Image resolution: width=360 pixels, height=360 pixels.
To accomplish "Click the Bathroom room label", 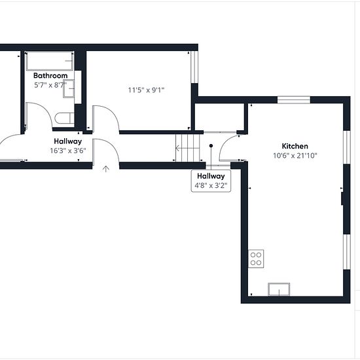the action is pyautogui.click(x=50, y=75).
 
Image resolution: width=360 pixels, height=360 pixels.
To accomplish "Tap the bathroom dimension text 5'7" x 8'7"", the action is pyautogui.click(x=50, y=85).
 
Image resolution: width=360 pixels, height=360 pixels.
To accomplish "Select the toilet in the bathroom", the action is pyautogui.click(x=65, y=118).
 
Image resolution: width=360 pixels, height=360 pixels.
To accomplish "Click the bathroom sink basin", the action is pyautogui.click(x=69, y=88).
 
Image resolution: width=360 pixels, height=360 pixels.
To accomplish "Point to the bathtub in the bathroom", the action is pyautogui.click(x=50, y=61).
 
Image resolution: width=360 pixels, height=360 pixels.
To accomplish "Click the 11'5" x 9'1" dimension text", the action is pyautogui.click(x=146, y=90).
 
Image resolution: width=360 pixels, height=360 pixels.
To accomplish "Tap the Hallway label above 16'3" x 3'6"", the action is pyautogui.click(x=68, y=141).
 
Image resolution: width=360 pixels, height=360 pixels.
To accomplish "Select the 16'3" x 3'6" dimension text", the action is pyautogui.click(x=68, y=151).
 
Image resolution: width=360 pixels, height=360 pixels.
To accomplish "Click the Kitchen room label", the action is pyautogui.click(x=295, y=146).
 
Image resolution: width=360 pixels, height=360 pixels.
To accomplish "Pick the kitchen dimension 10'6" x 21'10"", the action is pyautogui.click(x=295, y=156).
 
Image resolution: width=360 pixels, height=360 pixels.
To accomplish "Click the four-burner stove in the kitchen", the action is pyautogui.click(x=256, y=259).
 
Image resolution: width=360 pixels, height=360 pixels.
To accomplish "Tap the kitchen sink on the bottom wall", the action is pyautogui.click(x=279, y=289).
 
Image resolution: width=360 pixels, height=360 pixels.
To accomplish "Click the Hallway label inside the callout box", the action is pyautogui.click(x=211, y=176).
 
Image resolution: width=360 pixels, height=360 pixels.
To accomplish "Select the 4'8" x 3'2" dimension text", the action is pyautogui.click(x=211, y=185).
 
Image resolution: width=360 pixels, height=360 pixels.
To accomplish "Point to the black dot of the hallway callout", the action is pyautogui.click(x=211, y=145).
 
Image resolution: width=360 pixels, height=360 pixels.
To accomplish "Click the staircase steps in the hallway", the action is pyautogui.click(x=188, y=148).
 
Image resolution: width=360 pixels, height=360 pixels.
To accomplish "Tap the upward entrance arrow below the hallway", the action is pyautogui.click(x=105, y=169).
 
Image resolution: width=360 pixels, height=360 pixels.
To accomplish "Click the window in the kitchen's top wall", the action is pyautogui.click(x=294, y=100).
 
